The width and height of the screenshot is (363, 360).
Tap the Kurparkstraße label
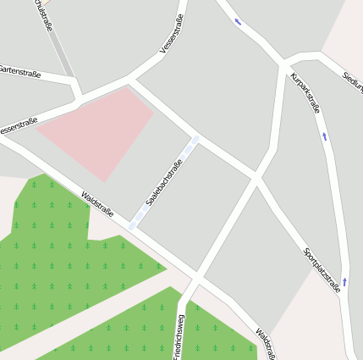pyautogui.click(x=305, y=93)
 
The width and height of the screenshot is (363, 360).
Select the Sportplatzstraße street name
pyautogui.click(x=322, y=270)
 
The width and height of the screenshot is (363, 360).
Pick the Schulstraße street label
pyautogui.click(x=43, y=14)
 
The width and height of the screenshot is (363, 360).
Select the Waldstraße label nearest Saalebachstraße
pyautogui.click(x=97, y=204)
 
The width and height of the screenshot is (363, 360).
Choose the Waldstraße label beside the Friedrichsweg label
pyautogui.click(x=265, y=343)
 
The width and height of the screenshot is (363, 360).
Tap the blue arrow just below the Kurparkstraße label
pyautogui.click(x=324, y=136)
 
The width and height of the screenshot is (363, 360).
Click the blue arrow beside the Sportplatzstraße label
pyautogui.click(x=345, y=281)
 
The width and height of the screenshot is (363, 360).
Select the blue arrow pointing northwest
pyautogui.click(x=238, y=21)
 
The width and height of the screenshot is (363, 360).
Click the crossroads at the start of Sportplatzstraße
pyautogui.click(x=255, y=178)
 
